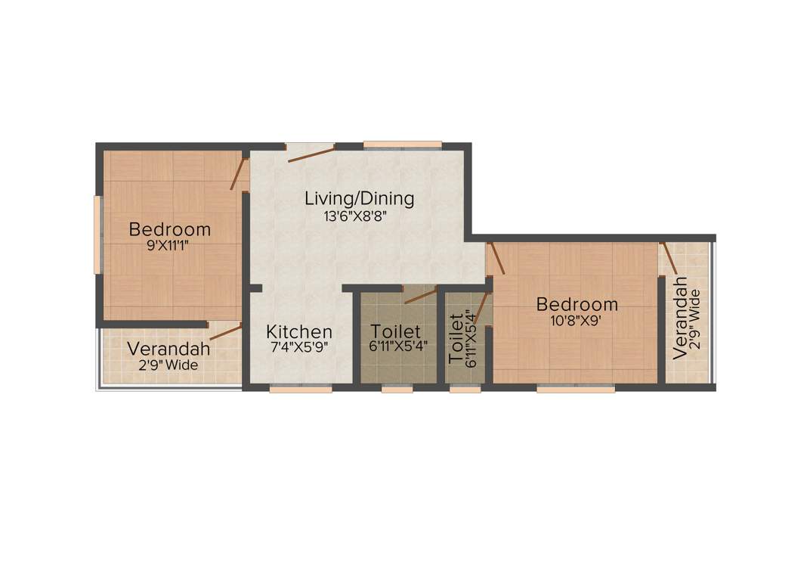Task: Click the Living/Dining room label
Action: pos(359,199)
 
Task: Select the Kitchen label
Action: pos(299,331)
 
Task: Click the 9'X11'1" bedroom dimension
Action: pos(170,245)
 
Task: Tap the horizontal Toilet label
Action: pos(395,331)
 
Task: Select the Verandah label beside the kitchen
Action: pos(169,349)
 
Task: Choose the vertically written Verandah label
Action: pos(680,318)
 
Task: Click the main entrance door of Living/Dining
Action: pos(311,154)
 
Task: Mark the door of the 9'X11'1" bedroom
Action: pos(239,173)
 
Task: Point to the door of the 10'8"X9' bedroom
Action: pos(496,258)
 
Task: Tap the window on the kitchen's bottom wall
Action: pos(301,390)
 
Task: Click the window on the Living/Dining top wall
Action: pos(402,144)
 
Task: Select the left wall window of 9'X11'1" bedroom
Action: pos(97,235)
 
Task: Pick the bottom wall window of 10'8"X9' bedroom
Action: pos(576,390)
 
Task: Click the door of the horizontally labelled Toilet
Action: pos(420,295)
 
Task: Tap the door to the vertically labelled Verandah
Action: pos(669,259)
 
